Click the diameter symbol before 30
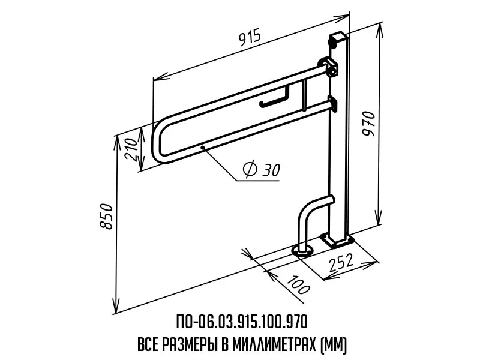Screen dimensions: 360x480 [x=250, y=170]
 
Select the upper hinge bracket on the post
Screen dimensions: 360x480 [x=329, y=67]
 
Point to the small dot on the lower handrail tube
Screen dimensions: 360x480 [x=203, y=146]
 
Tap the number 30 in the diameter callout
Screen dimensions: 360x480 [x=271, y=170]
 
